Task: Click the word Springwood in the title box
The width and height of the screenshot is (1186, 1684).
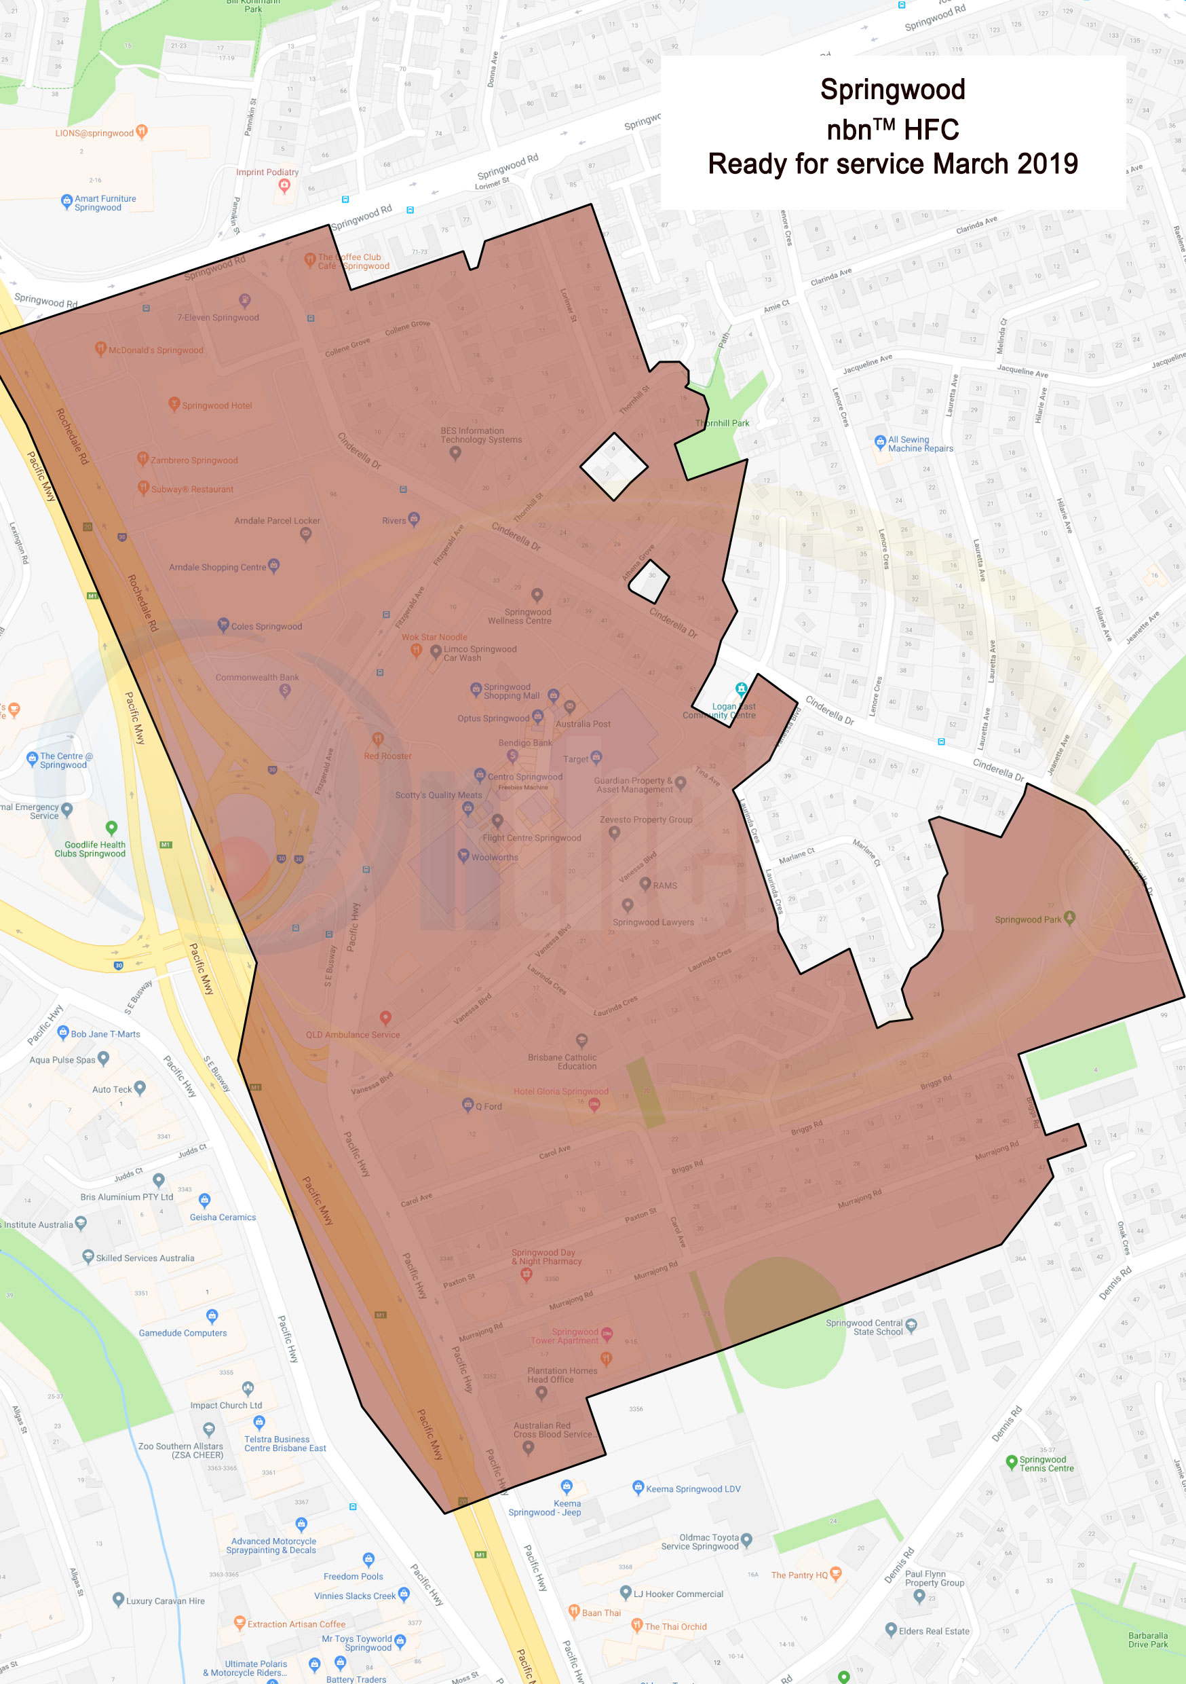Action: click(x=892, y=90)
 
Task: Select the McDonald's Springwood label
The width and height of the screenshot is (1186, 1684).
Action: click(x=155, y=350)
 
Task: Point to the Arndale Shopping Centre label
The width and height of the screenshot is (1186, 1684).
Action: click(x=217, y=567)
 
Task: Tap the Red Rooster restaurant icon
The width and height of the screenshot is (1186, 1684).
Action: click(x=377, y=739)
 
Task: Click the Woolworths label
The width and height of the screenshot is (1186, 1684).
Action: click(x=494, y=857)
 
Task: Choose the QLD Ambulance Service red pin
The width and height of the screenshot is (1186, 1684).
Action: click(x=385, y=1017)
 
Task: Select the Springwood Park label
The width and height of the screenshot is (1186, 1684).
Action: click(x=1028, y=919)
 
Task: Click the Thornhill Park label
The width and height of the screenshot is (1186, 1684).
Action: click(x=722, y=423)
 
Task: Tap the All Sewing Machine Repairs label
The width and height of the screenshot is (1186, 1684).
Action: click(x=920, y=443)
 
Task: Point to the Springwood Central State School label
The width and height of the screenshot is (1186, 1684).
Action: click(x=864, y=1328)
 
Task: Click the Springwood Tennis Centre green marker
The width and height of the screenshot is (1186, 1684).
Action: click(x=1012, y=1461)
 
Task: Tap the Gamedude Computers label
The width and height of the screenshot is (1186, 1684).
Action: click(x=183, y=1333)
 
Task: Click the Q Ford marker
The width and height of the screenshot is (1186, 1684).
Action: click(x=468, y=1104)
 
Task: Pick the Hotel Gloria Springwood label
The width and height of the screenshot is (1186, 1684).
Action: click(x=560, y=1091)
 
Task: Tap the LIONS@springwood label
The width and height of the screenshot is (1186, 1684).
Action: click(x=94, y=134)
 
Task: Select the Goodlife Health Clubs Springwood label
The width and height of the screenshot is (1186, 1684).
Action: click(x=90, y=849)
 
